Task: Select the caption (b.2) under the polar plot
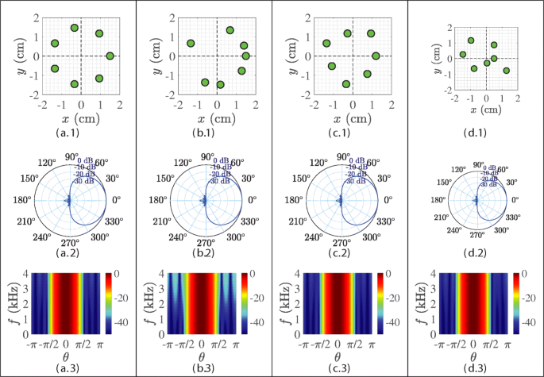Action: pos(204,253)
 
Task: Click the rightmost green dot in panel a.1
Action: pos(110,56)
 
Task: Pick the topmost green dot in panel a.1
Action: pos(75,28)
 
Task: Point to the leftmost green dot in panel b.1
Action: pos(191,43)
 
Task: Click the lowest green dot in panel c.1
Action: pos(346,83)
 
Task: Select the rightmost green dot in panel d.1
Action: pos(507,71)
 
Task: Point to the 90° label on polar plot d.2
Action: pos(478,165)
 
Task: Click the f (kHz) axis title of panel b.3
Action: pos(152,301)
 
